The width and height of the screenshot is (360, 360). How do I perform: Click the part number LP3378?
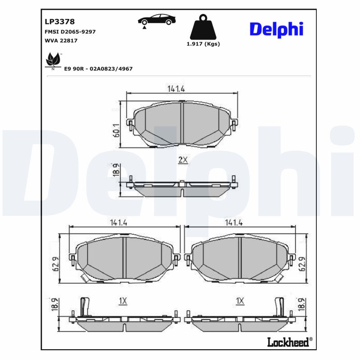click(59, 21)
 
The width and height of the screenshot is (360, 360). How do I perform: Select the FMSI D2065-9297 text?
click(70, 32)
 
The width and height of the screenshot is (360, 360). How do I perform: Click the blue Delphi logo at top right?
click(276, 29)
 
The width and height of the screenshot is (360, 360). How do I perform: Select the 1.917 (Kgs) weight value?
click(203, 44)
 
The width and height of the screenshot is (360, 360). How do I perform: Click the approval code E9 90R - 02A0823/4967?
click(99, 68)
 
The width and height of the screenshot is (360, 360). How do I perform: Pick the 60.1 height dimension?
click(116, 130)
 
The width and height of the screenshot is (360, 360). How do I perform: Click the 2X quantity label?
click(183, 160)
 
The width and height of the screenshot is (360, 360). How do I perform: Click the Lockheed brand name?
click(288, 342)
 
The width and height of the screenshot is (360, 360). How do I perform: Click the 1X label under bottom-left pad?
click(123, 301)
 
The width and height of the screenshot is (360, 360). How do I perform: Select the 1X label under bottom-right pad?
click(240, 301)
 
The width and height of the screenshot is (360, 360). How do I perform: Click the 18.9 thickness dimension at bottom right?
click(302, 304)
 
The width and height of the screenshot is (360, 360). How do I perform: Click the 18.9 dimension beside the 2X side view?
click(116, 171)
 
